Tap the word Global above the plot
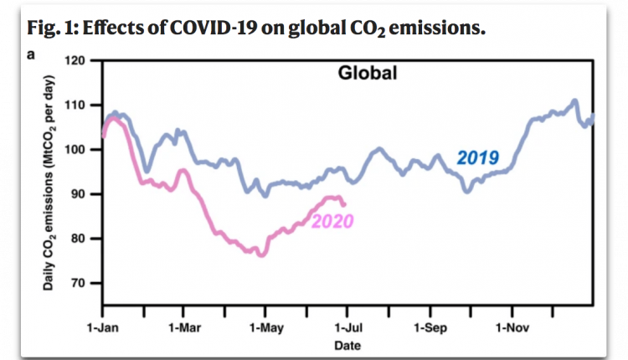click(367, 73)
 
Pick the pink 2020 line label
click(332, 221)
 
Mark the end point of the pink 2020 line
click(344, 204)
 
